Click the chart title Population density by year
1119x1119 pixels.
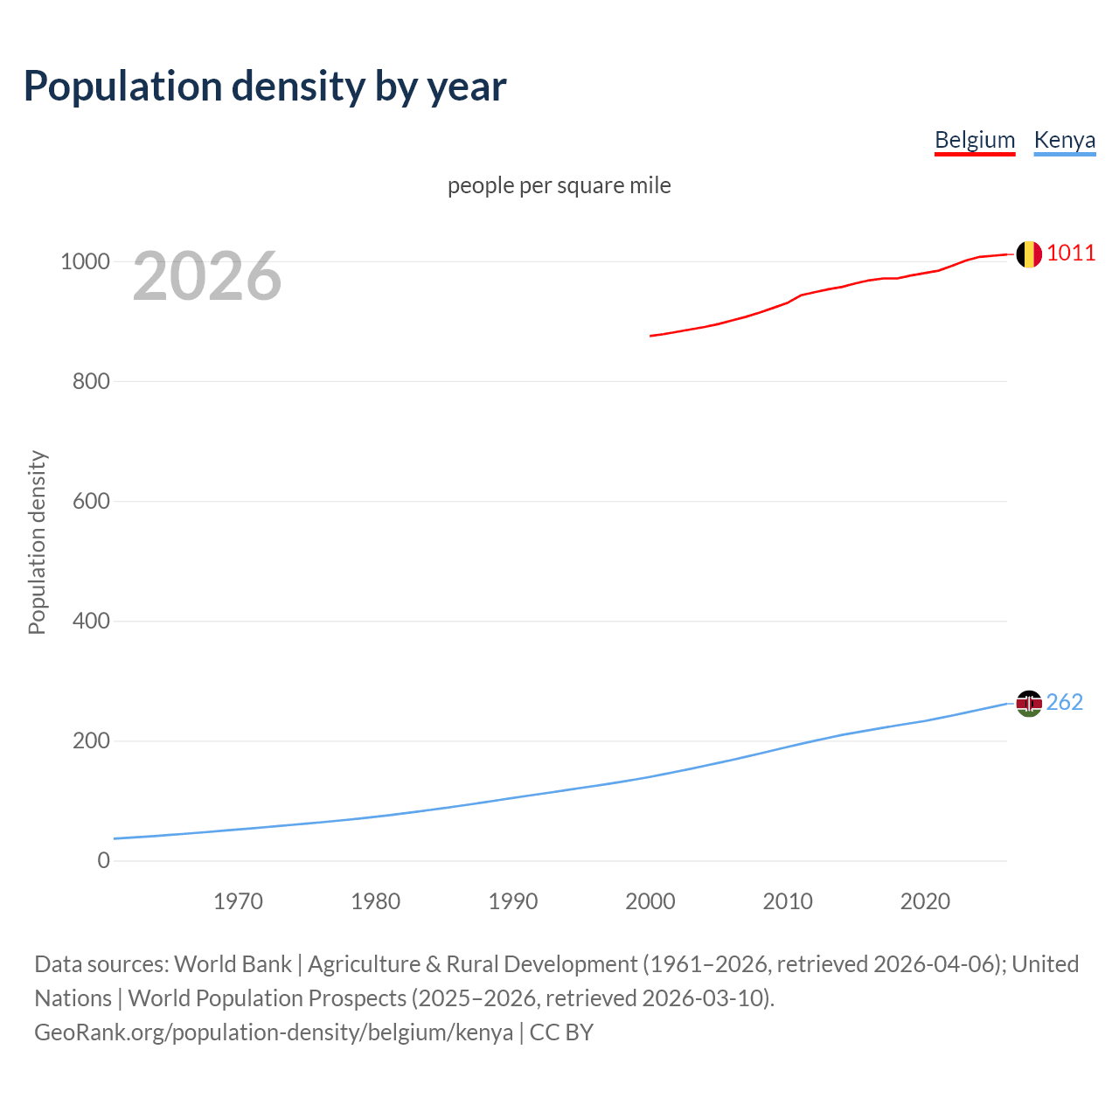coord(265,87)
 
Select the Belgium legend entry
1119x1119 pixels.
coord(975,140)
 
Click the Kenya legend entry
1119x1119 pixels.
coord(1064,140)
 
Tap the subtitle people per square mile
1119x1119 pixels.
coord(559,185)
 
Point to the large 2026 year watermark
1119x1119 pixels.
coord(207,276)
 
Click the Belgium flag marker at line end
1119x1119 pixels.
coord(1029,254)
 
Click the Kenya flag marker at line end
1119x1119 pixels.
coord(1029,703)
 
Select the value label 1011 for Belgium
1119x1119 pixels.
coord(1071,254)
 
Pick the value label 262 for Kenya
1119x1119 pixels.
coord(1064,702)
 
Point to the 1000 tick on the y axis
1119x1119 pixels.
coord(85,261)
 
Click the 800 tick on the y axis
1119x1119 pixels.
coord(91,381)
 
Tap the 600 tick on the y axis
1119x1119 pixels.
coord(91,501)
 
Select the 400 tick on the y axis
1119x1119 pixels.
coord(91,621)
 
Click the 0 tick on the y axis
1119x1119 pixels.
coord(104,860)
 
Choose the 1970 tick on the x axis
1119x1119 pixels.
coord(238,901)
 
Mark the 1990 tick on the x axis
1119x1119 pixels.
coord(513,901)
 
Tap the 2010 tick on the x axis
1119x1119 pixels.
coord(788,901)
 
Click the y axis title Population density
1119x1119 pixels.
coord(37,542)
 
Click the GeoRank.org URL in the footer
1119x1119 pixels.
coord(274,1032)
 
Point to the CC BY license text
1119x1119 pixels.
coord(561,1032)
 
